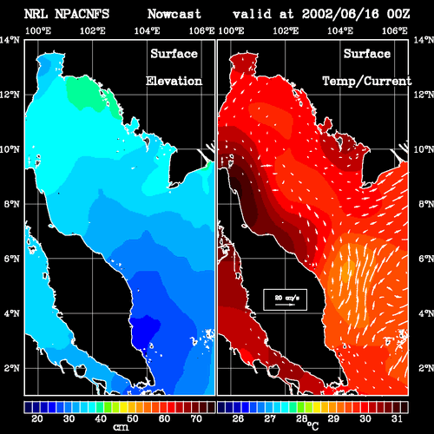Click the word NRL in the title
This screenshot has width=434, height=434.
36,14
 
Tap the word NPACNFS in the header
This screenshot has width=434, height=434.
82,14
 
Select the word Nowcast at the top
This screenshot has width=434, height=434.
174,14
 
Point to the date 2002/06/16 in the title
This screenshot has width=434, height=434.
340,14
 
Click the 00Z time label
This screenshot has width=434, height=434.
398,14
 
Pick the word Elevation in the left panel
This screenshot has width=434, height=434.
174,81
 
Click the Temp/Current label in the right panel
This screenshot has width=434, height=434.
367,81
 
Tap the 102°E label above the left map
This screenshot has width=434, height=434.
93,30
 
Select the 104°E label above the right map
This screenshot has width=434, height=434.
340,30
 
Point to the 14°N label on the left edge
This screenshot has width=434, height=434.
10,40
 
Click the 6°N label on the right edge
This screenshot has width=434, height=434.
425,259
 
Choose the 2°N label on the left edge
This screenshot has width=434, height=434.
11,368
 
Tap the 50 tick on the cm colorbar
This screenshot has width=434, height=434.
133,418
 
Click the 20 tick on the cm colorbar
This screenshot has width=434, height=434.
37,418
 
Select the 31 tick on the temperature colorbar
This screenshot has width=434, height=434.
397,418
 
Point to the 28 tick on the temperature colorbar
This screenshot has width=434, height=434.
301,418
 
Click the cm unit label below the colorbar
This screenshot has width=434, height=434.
121,427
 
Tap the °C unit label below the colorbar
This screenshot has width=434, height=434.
312,425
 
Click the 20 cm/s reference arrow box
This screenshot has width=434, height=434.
285,299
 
